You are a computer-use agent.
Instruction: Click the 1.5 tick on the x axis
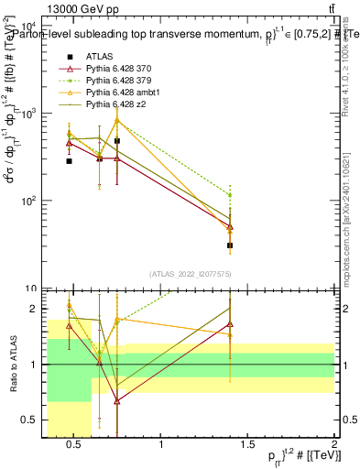(247, 445)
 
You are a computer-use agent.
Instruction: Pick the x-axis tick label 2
(333, 445)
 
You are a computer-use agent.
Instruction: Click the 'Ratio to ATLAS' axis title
(12, 364)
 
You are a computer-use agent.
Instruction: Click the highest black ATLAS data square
(117, 141)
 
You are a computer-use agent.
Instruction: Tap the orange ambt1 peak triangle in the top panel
(117, 120)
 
